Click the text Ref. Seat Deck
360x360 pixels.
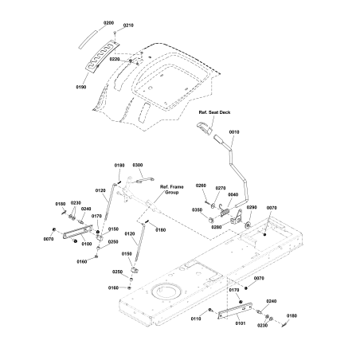click(x=214, y=115)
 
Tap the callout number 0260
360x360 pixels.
click(x=200, y=186)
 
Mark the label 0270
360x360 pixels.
click(x=221, y=189)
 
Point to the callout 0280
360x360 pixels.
click(x=217, y=227)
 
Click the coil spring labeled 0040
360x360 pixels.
click(x=225, y=211)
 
